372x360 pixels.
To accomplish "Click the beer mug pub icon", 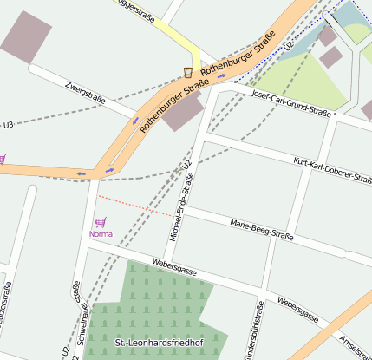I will (x=188, y=72).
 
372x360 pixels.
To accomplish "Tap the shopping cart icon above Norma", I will (x=100, y=222).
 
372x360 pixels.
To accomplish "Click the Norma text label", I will (x=101, y=234).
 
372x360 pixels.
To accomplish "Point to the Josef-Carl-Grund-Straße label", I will (x=291, y=102).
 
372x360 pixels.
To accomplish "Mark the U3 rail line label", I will (x=8, y=125).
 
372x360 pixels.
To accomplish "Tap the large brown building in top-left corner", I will (x=26, y=37).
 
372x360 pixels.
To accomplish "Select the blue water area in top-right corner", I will (x=356, y=12).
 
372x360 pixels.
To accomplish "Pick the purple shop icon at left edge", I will (x=2, y=159).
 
